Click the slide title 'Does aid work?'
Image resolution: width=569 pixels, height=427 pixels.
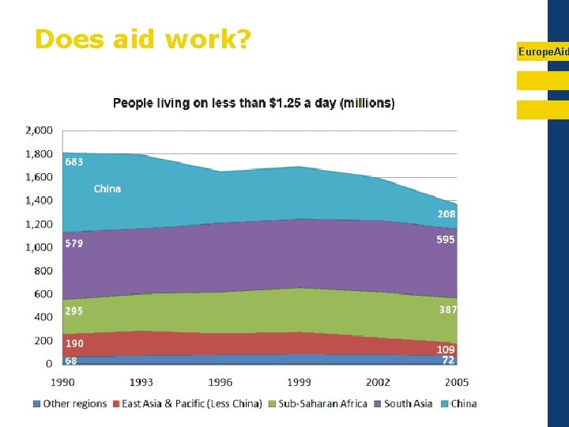click(142, 39)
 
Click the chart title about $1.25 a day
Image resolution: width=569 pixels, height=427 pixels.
click(254, 103)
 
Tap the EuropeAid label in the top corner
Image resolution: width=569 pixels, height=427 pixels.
click(543, 51)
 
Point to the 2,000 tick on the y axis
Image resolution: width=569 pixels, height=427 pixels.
click(39, 130)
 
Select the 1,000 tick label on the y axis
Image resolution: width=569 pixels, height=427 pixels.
click(39, 247)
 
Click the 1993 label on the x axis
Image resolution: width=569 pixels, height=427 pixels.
click(141, 382)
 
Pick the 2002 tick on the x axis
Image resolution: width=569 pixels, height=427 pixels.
click(378, 382)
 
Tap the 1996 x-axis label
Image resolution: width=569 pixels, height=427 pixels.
click(220, 382)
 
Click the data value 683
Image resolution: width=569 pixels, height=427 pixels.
click(74, 162)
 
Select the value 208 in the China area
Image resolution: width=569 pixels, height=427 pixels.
click(447, 214)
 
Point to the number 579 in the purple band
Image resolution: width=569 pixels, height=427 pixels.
click(74, 244)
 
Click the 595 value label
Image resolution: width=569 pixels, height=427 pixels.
click(446, 240)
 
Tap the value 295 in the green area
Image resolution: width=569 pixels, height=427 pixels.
click(74, 311)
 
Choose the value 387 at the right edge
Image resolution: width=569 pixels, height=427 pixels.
click(448, 310)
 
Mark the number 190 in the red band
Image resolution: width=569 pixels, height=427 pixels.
click(74, 344)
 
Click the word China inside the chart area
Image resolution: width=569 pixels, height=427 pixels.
click(107, 189)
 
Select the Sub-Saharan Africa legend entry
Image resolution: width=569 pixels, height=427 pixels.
click(317, 404)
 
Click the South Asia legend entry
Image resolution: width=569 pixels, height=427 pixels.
click(402, 404)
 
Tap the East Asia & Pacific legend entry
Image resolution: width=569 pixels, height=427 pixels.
click(186, 404)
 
